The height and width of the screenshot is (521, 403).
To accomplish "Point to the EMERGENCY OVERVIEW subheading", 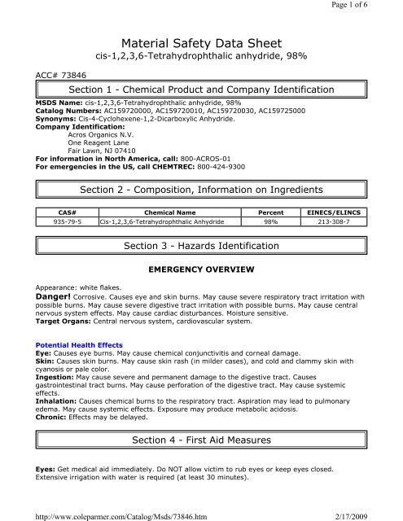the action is click(201, 269).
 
